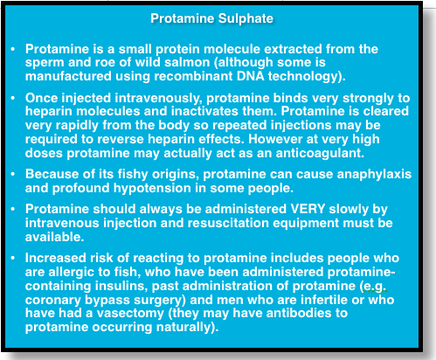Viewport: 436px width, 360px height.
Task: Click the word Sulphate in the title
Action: click(246, 19)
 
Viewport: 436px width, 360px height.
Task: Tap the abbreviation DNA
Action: click(250, 76)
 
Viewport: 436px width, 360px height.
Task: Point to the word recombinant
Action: click(193, 76)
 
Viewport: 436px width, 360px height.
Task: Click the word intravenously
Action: click(158, 99)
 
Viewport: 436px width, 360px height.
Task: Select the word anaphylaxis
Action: click(374, 175)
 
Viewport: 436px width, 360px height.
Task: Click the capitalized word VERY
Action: click(308, 209)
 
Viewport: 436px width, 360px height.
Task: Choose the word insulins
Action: click(121, 286)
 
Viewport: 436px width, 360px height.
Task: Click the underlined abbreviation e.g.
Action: click(374, 287)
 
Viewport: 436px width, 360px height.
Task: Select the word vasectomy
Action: click(130, 314)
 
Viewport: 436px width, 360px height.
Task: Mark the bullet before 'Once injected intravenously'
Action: click(13, 98)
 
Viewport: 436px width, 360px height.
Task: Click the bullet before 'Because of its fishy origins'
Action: click(13, 175)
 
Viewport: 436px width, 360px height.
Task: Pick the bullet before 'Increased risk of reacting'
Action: click(13, 259)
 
